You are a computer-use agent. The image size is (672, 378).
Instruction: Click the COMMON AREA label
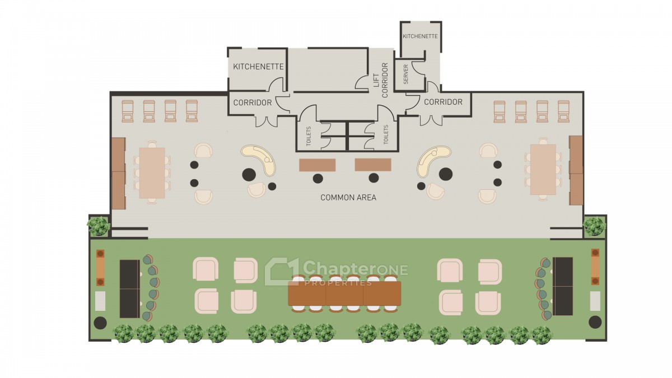click(x=348, y=197)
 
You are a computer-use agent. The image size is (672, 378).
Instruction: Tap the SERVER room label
click(x=406, y=74)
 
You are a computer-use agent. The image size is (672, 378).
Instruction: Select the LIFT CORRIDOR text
click(x=381, y=80)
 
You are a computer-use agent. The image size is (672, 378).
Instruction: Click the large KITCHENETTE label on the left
click(x=258, y=66)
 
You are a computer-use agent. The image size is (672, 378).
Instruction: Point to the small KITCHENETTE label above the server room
click(x=420, y=36)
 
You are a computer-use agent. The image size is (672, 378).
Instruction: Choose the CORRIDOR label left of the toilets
click(x=253, y=102)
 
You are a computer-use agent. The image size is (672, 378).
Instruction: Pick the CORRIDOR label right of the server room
click(x=443, y=102)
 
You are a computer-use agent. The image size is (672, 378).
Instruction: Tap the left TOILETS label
click(x=309, y=137)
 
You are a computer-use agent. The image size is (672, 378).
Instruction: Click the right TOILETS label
click(x=386, y=135)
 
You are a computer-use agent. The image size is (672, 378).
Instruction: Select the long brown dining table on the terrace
click(x=344, y=293)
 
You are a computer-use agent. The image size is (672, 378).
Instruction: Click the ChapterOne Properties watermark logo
click(x=336, y=272)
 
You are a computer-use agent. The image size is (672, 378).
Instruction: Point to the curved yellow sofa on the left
click(x=258, y=160)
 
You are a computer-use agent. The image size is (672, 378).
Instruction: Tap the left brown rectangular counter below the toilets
click(x=317, y=165)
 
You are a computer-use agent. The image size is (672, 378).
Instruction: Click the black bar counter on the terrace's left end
click(x=129, y=289)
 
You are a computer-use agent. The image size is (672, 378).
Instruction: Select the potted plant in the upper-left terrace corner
click(x=98, y=226)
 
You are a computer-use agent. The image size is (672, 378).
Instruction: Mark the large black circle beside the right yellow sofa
click(x=446, y=174)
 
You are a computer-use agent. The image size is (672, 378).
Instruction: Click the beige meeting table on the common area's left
click(x=152, y=173)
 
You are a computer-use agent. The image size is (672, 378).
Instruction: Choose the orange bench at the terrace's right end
click(x=595, y=267)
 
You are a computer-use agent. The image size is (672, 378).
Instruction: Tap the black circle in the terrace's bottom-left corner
click(x=100, y=323)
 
